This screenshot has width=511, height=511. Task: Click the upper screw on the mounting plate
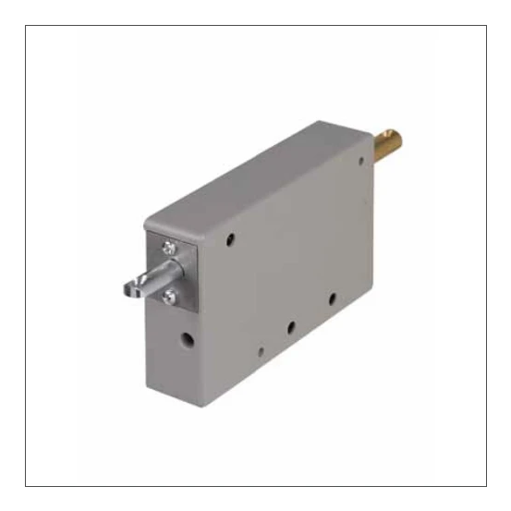[x=169, y=247]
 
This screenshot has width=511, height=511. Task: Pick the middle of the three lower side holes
[x=289, y=327]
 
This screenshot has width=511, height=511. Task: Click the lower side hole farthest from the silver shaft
[x=332, y=298]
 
